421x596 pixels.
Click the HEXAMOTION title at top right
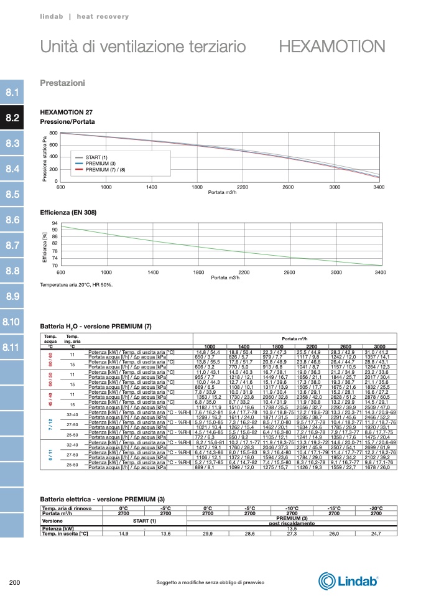click(x=331, y=47)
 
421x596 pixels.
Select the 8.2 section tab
click(x=12, y=118)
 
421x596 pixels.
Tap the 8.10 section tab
click(x=12, y=322)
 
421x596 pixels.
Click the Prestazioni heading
click(x=62, y=83)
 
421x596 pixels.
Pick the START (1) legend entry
click(x=96, y=157)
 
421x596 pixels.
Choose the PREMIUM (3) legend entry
click(x=101, y=163)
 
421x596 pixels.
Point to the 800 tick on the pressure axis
click(x=53, y=134)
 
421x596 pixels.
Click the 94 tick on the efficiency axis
click(x=55, y=223)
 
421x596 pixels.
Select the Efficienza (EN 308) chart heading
click(x=68, y=213)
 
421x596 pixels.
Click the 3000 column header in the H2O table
click(x=380, y=347)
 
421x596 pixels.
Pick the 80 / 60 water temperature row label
click(x=50, y=360)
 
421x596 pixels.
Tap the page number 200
click(x=16, y=582)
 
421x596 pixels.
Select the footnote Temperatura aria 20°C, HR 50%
click(x=76, y=285)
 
